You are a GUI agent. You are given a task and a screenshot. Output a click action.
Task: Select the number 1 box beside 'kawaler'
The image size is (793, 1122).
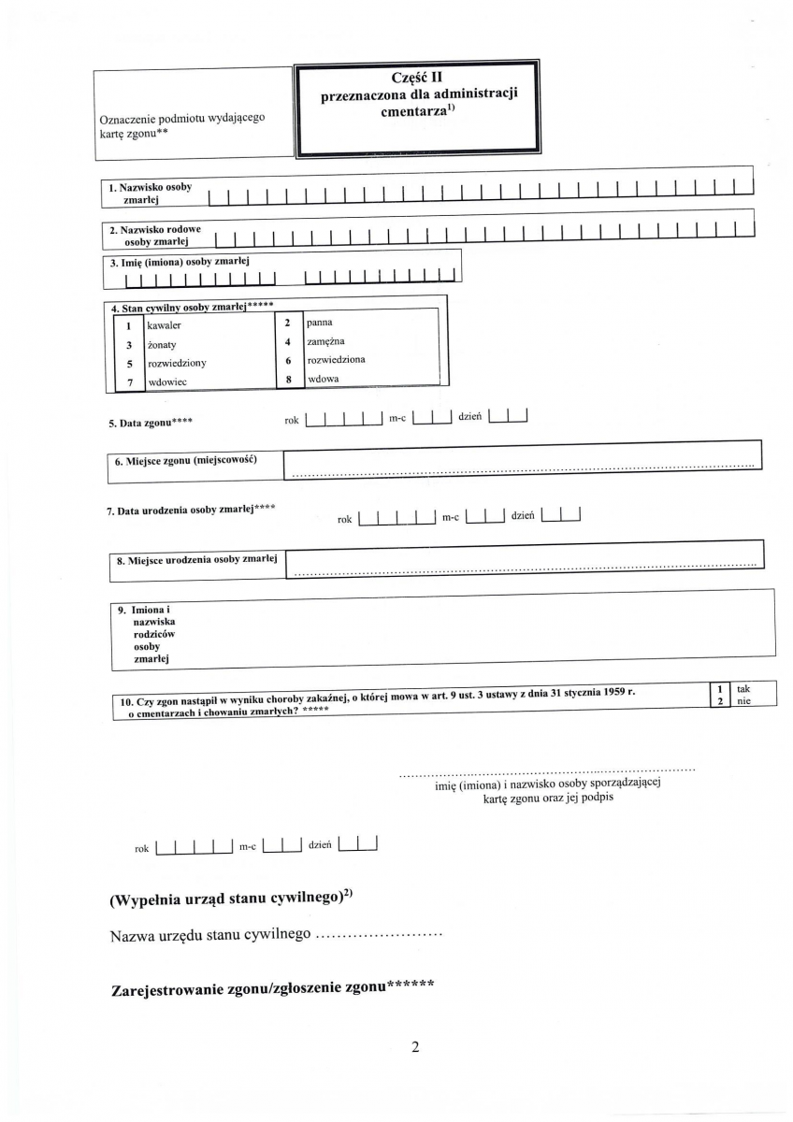[x=129, y=326]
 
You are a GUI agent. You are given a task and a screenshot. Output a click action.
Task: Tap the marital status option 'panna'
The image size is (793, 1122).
[x=320, y=323]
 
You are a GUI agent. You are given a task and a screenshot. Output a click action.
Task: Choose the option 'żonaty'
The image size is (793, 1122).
[x=162, y=345]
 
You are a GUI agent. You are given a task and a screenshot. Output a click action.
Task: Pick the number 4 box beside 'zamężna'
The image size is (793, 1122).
[x=289, y=341]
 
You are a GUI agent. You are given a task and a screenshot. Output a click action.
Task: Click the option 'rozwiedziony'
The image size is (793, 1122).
[x=177, y=363]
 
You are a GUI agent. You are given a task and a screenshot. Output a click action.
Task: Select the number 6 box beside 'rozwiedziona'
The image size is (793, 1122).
[x=289, y=360]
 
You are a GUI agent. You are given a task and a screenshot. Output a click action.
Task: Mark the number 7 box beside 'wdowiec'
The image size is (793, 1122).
[x=129, y=381]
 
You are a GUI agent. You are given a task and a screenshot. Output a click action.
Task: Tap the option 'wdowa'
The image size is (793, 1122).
[x=323, y=379]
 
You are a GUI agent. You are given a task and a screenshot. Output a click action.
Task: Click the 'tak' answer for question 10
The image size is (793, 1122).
[x=743, y=689]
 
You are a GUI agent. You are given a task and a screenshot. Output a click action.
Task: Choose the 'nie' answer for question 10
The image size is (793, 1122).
[x=743, y=701]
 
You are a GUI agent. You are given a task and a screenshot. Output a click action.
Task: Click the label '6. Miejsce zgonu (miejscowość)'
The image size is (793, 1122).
[x=185, y=461]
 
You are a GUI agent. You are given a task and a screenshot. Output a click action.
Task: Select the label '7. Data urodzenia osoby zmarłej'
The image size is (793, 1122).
[x=190, y=511]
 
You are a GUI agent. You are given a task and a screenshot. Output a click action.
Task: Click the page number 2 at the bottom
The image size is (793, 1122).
[x=414, y=1047]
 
